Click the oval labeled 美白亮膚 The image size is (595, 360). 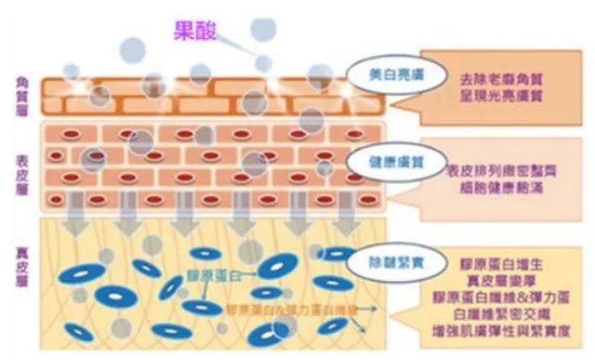[381, 73]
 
